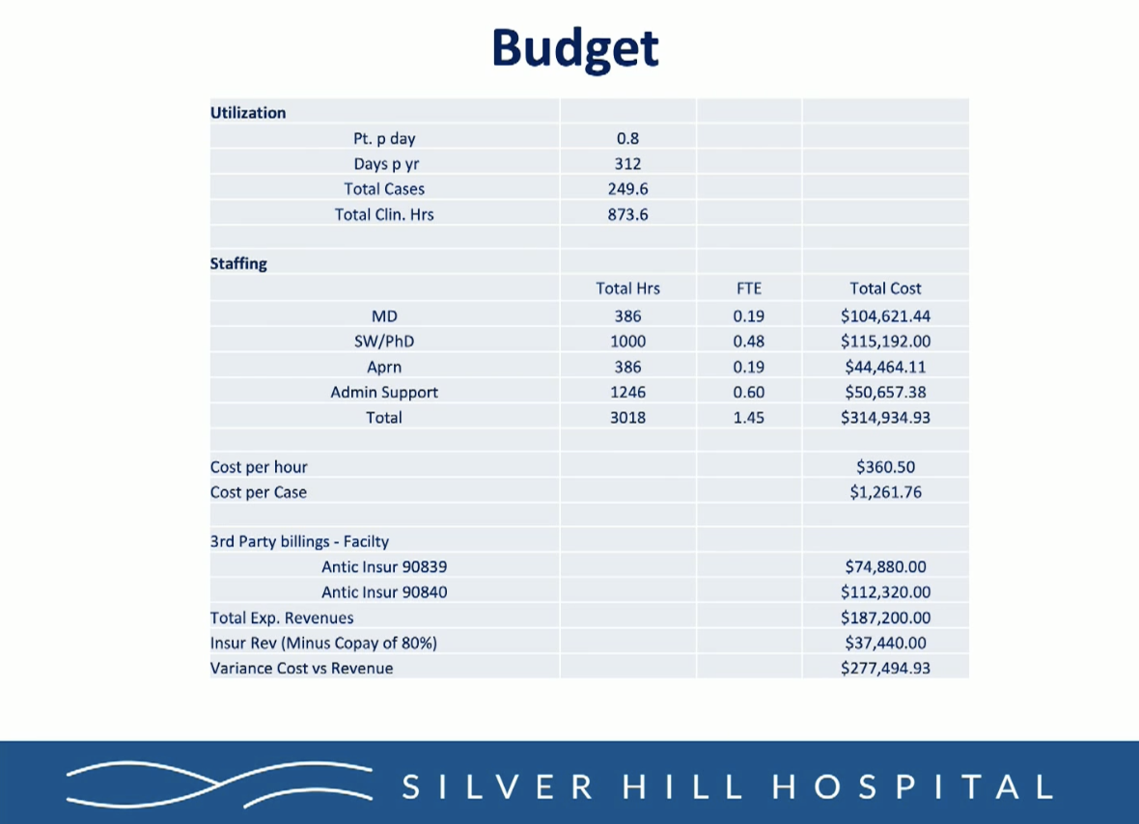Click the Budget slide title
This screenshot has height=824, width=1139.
coord(575,48)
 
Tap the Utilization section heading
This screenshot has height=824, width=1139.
coord(248,113)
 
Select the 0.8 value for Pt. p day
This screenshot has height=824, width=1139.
coord(627,139)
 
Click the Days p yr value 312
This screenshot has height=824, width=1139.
coord(627,164)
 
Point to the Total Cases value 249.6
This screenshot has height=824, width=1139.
coord(627,189)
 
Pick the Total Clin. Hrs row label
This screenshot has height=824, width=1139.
coord(384,214)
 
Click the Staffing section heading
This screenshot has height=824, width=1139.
coord(238,263)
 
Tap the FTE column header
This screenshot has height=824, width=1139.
coord(748,288)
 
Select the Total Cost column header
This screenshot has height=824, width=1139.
coord(885,288)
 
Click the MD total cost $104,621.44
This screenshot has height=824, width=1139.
coord(885,316)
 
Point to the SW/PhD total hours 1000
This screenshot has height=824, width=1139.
coord(627,342)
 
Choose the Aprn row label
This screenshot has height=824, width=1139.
coord(384,367)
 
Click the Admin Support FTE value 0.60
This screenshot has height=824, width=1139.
coord(748,393)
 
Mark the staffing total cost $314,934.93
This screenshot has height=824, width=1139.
coord(885,418)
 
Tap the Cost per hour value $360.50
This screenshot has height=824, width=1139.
coord(885,467)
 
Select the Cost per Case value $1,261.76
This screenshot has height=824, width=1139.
coord(885,492)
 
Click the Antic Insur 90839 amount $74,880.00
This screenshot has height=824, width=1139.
coord(885,567)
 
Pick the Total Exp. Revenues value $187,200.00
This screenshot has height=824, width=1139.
coord(885,618)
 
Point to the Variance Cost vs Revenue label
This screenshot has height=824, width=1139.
coord(301,668)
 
